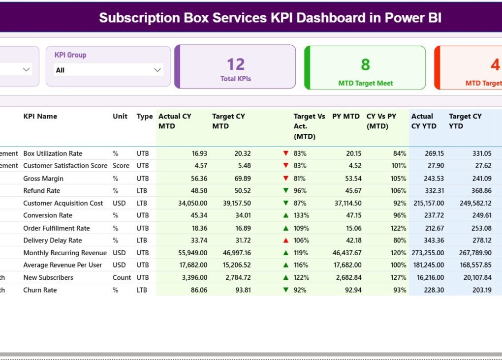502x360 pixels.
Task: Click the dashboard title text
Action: [270, 18]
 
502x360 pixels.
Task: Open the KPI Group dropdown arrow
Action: [157, 70]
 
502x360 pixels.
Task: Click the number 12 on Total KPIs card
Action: [236, 64]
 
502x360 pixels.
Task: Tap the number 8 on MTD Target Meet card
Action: [365, 64]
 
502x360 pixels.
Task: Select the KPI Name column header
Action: [40, 117]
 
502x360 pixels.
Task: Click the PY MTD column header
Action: [346, 117]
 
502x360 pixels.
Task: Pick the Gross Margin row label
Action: [43, 179]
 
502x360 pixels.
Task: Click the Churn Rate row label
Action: [40, 290]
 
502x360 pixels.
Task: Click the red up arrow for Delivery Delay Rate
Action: [285, 240]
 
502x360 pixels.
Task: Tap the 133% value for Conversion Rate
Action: [301, 215]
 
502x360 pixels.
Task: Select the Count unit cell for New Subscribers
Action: [122, 277]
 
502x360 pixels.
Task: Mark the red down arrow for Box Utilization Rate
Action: [285, 153]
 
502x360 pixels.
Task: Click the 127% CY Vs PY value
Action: [399, 277]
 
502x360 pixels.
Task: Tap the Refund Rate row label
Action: [41, 191]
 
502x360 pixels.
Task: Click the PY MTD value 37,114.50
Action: [347, 203]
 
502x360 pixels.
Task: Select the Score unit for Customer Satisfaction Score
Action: [121, 166]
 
